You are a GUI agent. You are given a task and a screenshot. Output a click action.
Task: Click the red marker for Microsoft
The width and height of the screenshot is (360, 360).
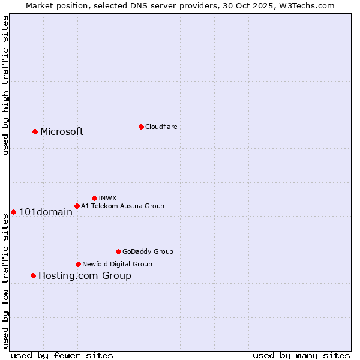pyautogui.click(x=35, y=131)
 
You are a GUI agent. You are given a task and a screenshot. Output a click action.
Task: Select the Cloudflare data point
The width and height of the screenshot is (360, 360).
pyautogui.click(x=141, y=127)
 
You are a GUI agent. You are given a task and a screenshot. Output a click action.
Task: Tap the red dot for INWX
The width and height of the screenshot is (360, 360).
pyautogui.click(x=94, y=198)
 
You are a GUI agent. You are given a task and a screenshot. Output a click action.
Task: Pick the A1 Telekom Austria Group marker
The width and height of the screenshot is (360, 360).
pyautogui.click(x=77, y=206)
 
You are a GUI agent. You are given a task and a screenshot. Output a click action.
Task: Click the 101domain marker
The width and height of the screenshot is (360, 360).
pyautogui.click(x=13, y=212)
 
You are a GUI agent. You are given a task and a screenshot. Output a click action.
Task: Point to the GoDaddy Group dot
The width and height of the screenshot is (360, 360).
pyautogui.click(x=118, y=251)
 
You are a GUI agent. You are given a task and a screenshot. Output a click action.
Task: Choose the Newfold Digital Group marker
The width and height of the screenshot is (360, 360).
pyautogui.click(x=78, y=264)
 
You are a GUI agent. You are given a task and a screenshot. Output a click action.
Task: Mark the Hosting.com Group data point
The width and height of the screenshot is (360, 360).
pyautogui.click(x=33, y=275)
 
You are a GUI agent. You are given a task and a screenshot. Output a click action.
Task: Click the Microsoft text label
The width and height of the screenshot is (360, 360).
pyautogui.click(x=62, y=132)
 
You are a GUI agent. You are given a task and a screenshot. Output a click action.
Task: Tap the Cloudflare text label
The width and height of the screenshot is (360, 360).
pyautogui.click(x=161, y=127)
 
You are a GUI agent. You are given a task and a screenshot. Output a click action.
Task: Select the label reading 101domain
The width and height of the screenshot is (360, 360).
pyautogui.click(x=46, y=212)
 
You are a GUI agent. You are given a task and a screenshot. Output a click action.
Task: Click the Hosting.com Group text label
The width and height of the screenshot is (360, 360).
pyautogui.click(x=85, y=276)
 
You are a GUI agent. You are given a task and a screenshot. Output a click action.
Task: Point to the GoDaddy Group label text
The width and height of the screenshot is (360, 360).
pyautogui.click(x=148, y=252)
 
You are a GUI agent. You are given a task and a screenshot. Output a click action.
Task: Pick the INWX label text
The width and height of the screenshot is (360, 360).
pyautogui.click(x=107, y=198)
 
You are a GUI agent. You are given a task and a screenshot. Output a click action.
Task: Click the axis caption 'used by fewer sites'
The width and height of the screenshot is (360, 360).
pyautogui.click(x=62, y=355)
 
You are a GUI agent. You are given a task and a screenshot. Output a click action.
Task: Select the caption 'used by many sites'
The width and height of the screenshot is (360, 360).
pyautogui.click(x=301, y=355)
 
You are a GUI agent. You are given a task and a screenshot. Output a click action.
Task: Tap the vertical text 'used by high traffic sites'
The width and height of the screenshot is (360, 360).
pyautogui.click(x=5, y=85)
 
